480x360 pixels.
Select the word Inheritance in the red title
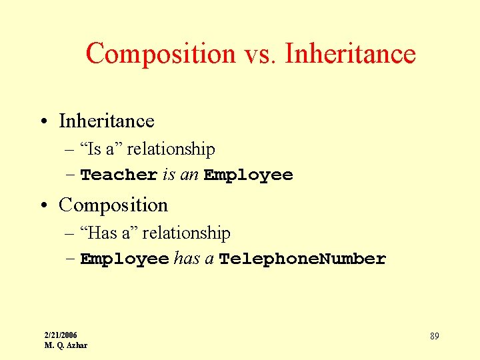coord(350,53)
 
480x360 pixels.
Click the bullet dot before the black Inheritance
coord(43,121)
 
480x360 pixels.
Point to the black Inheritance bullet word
coord(107,121)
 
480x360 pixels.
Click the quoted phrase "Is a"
coord(101,149)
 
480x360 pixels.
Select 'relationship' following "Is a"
coord(171,149)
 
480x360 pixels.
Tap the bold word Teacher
coord(119,175)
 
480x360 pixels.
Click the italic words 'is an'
coord(181,175)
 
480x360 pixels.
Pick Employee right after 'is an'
coord(249,175)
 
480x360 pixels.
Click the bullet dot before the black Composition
coord(43,205)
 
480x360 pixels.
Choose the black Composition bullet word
coord(113,205)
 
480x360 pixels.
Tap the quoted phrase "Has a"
coord(109,233)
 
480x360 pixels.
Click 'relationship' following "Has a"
coord(186,233)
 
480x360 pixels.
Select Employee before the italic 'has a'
coord(125,259)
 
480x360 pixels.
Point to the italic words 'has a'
coord(193,259)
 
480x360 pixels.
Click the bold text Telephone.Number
coord(303,259)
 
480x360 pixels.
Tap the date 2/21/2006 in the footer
coord(61,335)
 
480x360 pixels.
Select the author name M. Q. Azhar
coord(65,345)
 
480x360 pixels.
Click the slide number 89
coord(434,336)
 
